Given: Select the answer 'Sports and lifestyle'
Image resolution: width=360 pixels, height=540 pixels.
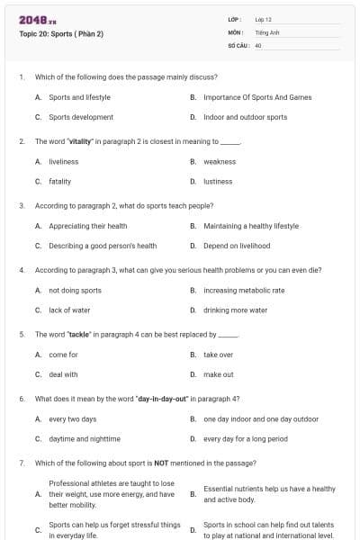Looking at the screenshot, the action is [79, 96].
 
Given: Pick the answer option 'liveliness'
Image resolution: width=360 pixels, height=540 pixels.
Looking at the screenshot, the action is [64, 161].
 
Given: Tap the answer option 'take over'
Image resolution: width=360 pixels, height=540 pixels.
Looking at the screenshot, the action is [218, 355].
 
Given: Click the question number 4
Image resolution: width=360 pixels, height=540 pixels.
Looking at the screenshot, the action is [21, 270].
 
